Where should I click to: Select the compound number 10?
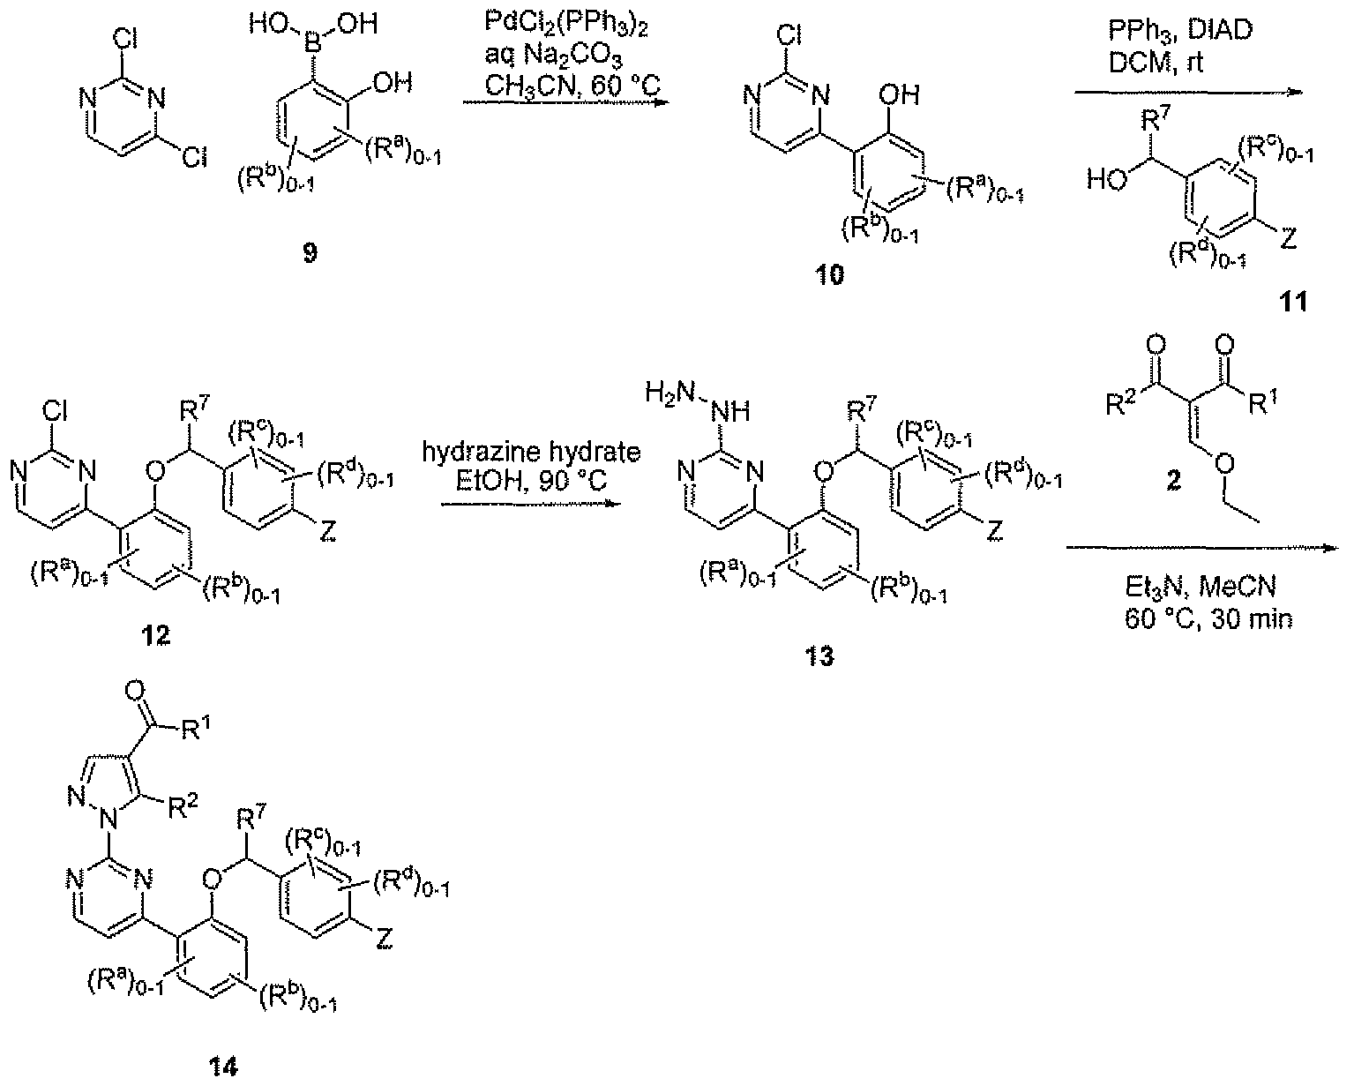coord(827,276)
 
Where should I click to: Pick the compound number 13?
coord(819,657)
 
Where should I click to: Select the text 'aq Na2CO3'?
coord(557,42)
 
